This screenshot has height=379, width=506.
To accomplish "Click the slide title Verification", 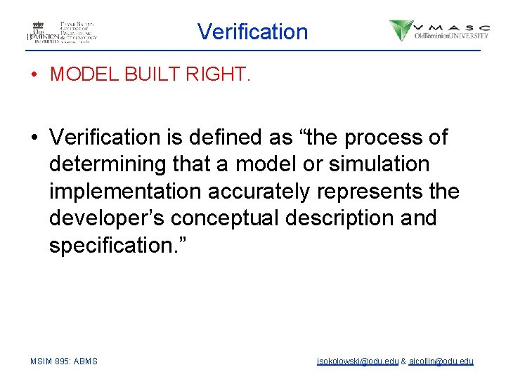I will point(252,32).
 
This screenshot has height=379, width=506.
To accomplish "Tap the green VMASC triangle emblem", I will point(401,30).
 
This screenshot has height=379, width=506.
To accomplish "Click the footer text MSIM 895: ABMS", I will point(64,361).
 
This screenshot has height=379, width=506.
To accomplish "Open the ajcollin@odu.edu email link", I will point(441,361).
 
